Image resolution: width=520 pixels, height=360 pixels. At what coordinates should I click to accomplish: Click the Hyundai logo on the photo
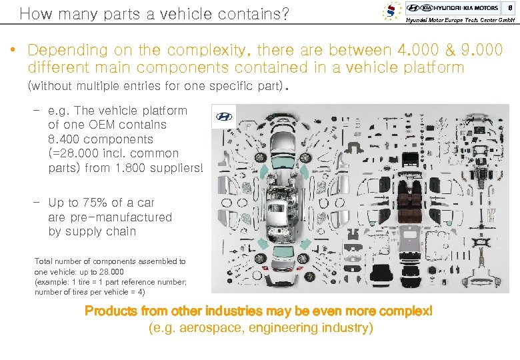[223, 117]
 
